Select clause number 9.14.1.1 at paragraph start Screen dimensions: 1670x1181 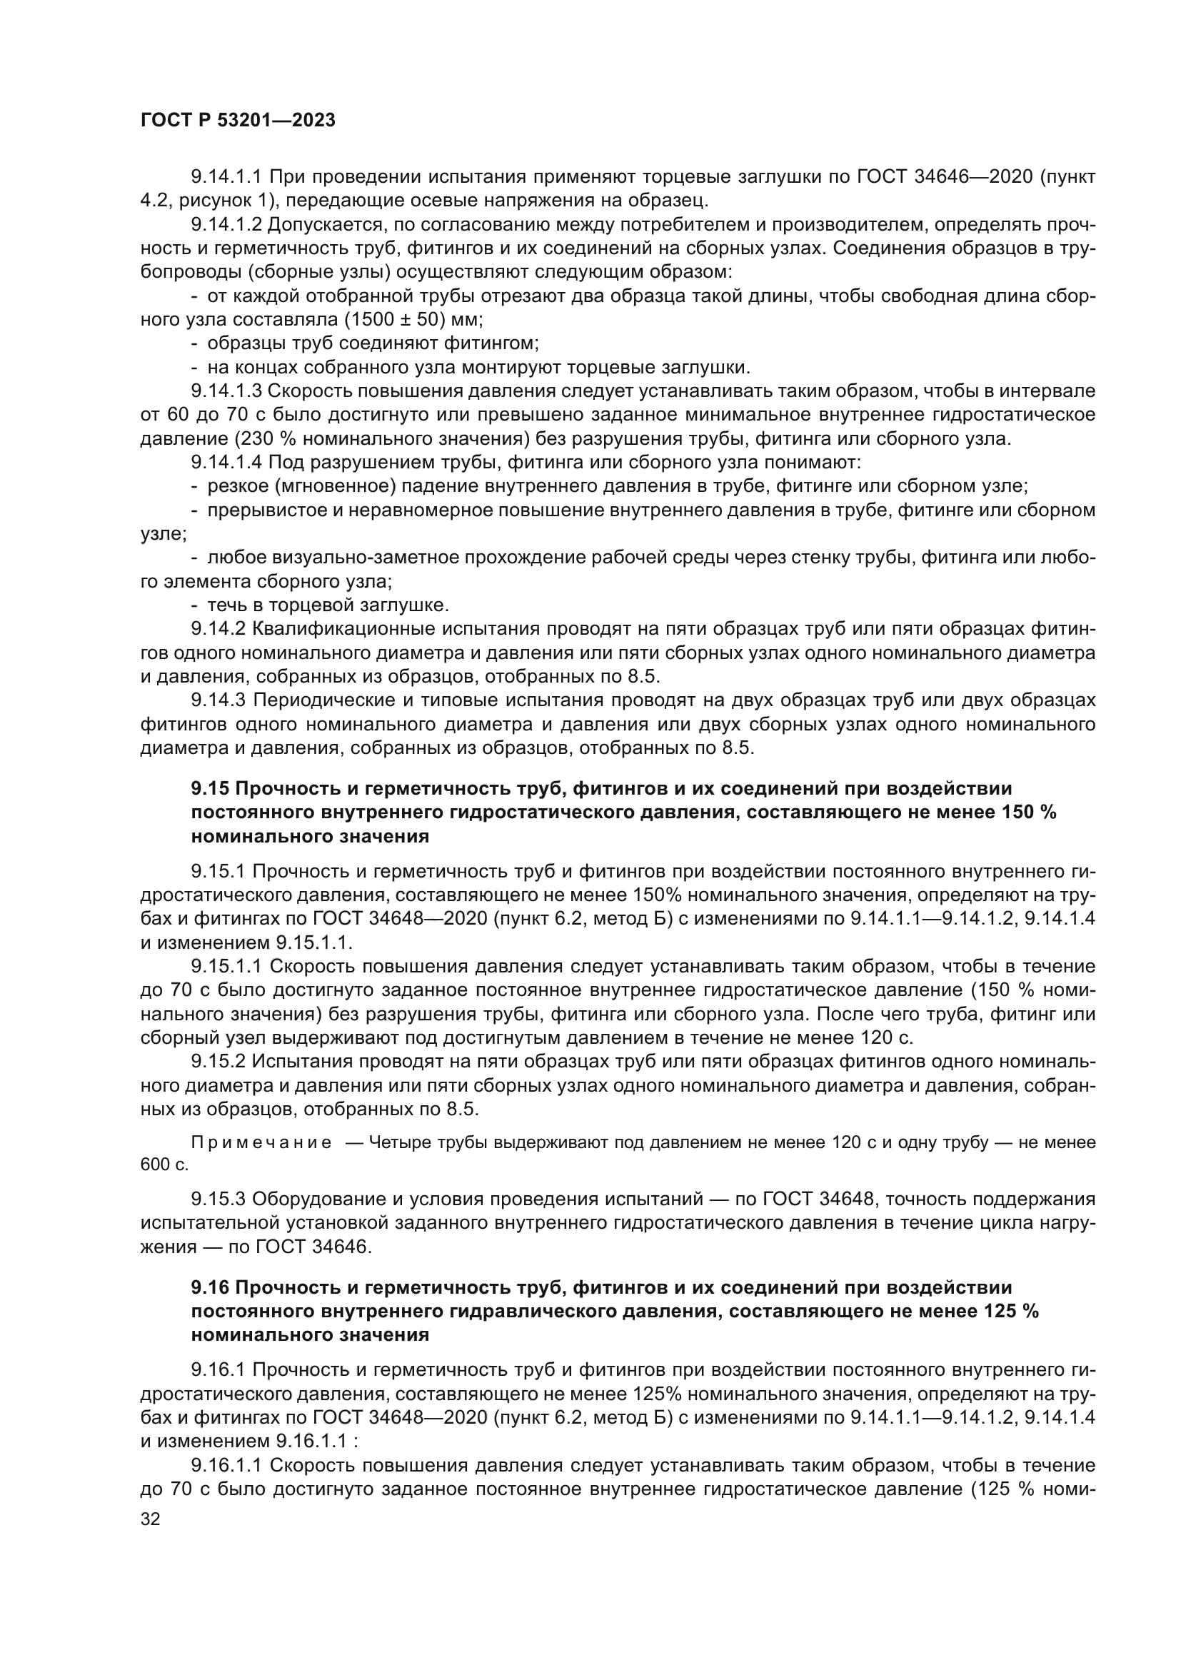[226, 177]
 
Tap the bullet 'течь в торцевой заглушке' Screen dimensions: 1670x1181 [328, 605]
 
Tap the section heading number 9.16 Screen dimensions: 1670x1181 [210, 1287]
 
